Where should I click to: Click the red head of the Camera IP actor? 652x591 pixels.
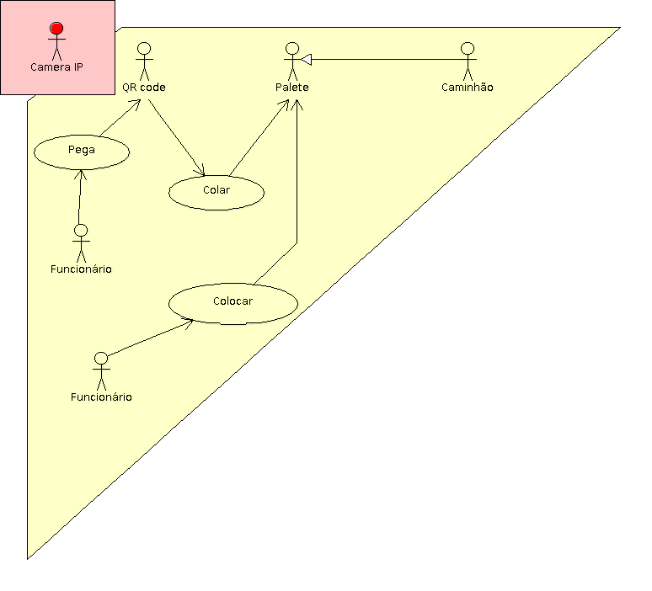point(56,29)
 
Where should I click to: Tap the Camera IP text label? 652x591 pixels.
point(56,67)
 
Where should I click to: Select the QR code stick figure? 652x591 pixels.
point(144,59)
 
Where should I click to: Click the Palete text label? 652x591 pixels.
point(292,88)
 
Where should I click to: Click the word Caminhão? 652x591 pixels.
point(468,88)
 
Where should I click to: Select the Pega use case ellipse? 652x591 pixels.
point(82,152)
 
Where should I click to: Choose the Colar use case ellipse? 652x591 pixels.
point(216,191)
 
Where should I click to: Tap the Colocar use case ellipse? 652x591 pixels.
point(233,302)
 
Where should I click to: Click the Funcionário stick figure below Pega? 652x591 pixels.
point(81,242)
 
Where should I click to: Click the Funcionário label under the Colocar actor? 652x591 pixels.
point(101,397)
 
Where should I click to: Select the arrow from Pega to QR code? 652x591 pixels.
point(118,118)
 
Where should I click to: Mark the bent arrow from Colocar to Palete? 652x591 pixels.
point(297,194)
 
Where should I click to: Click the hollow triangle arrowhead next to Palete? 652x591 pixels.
point(307,59)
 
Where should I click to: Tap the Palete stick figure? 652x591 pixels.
point(292,59)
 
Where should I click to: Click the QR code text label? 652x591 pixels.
point(144,88)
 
